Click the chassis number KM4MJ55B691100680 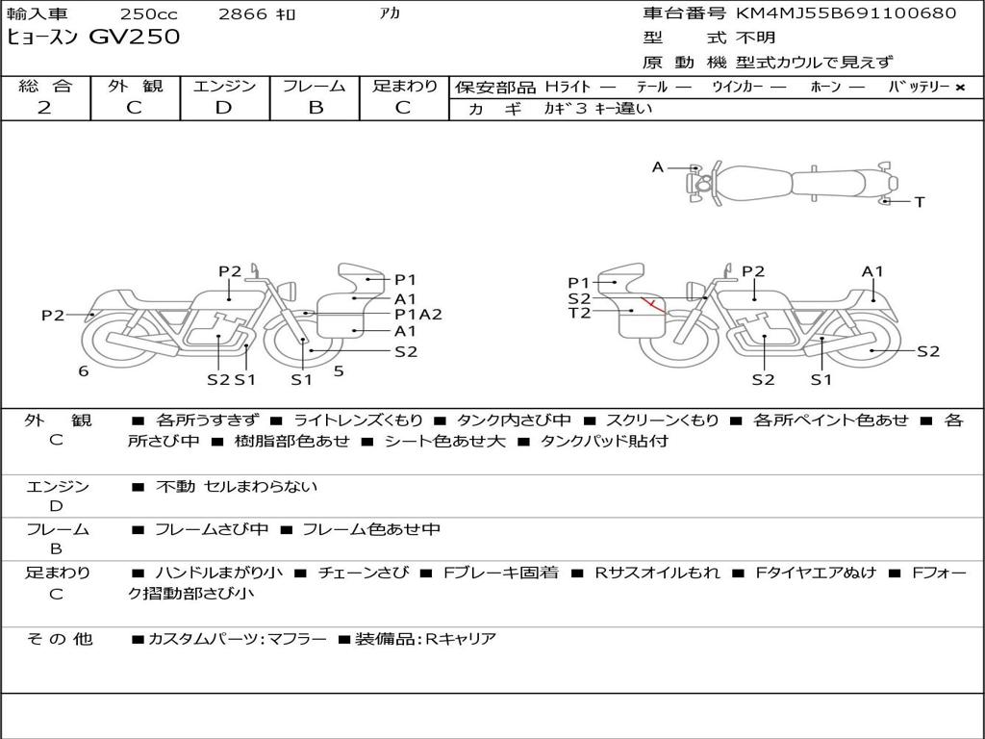(x=846, y=13)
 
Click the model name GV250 (x=135, y=37)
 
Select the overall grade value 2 (x=44, y=108)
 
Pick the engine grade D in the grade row (x=223, y=108)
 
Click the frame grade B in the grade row (x=316, y=108)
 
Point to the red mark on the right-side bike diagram (x=653, y=305)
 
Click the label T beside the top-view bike (x=920, y=202)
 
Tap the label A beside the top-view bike (x=658, y=167)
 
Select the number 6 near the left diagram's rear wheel (x=84, y=371)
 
